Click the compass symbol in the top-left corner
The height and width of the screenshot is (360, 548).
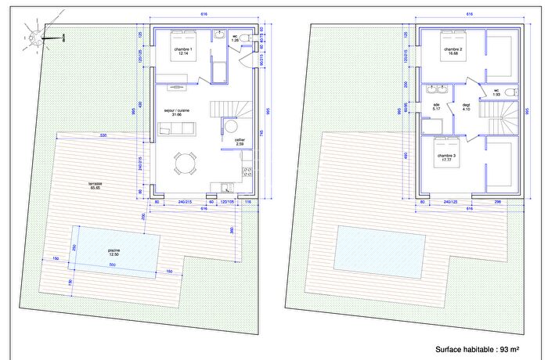[x=34, y=37]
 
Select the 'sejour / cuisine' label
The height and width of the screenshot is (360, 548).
[x=178, y=111]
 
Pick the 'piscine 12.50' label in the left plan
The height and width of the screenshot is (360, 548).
[x=114, y=252]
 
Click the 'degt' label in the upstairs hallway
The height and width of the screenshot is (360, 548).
[x=467, y=104]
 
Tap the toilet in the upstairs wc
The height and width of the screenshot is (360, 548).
[x=510, y=93]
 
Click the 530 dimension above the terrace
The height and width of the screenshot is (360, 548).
[x=103, y=136]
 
